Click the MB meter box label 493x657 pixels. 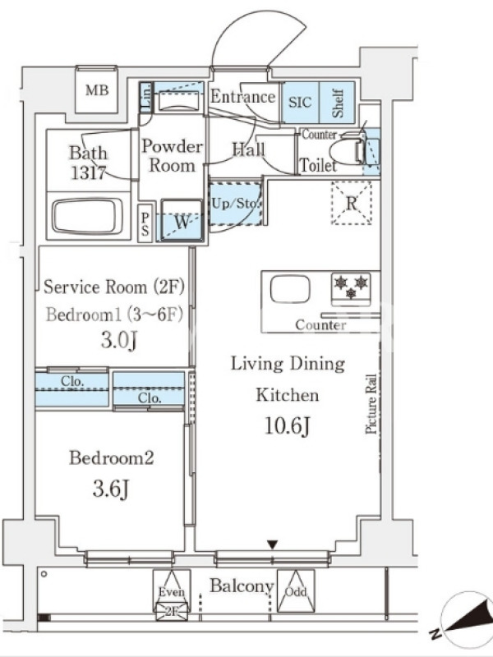pyautogui.click(x=97, y=90)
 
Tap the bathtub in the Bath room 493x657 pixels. pyautogui.click(x=88, y=216)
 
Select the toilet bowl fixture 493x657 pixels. pyautogui.click(x=348, y=152)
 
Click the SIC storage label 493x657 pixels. pyautogui.click(x=300, y=102)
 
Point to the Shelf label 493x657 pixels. pyautogui.click(x=338, y=103)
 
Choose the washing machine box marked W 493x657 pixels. pyautogui.click(x=182, y=220)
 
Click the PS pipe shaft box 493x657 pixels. pyautogui.click(x=145, y=223)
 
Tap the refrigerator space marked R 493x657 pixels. pyautogui.click(x=352, y=203)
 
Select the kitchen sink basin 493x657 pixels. pyautogui.click(x=290, y=289)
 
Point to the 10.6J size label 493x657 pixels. pyautogui.click(x=288, y=426)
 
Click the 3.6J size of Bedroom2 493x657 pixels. pyautogui.click(x=111, y=488)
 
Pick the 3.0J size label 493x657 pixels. pyautogui.click(x=119, y=340)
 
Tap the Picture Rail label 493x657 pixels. pyautogui.click(x=371, y=403)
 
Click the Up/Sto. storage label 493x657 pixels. pyautogui.click(x=235, y=204)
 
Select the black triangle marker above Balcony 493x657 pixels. pyautogui.click(x=273, y=544)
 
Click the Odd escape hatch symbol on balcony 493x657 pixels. pyautogui.click(x=296, y=590)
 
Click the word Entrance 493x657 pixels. pyautogui.click(x=242, y=97)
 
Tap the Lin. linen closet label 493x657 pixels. pyautogui.click(x=146, y=97)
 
